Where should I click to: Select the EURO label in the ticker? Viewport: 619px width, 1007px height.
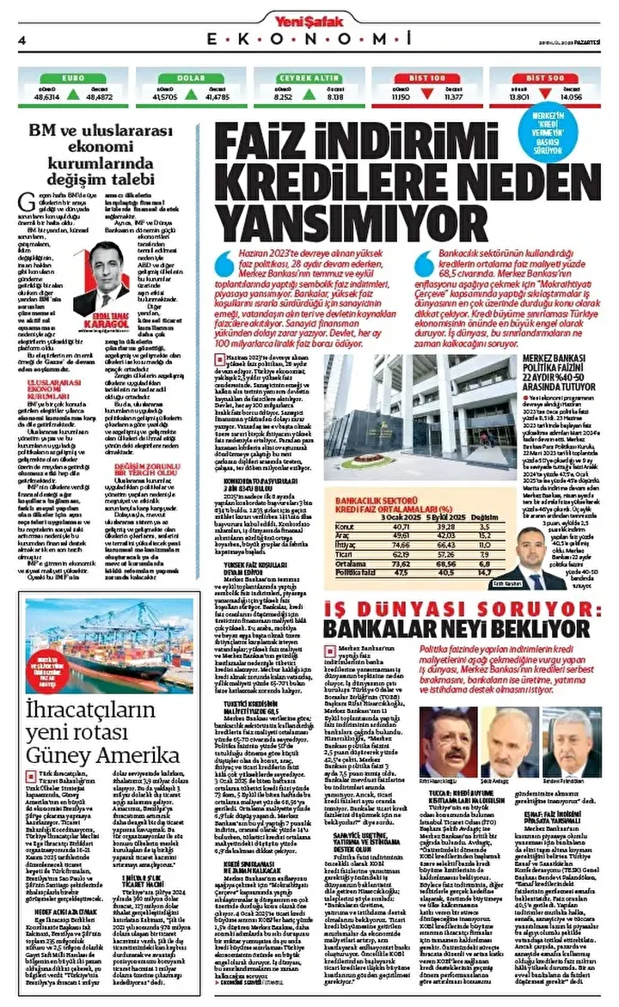tap(73, 77)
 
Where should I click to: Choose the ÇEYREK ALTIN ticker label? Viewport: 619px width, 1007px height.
tap(307, 77)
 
